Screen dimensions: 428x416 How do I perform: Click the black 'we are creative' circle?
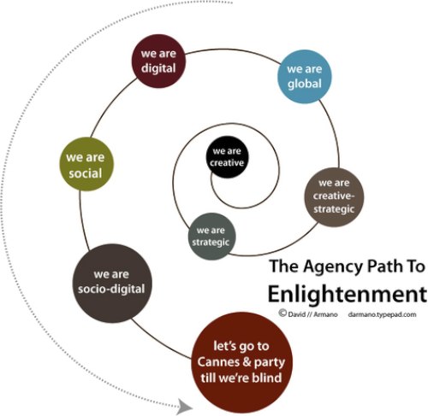pyautogui.click(x=227, y=157)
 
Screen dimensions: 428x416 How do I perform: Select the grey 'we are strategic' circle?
pyautogui.click(x=212, y=237)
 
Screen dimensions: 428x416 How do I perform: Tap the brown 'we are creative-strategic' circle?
pyautogui.click(x=334, y=197)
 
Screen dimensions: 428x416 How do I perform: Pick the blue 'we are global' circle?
pyautogui.click(x=305, y=77)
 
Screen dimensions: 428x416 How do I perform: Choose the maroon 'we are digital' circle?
pyautogui.click(x=158, y=61)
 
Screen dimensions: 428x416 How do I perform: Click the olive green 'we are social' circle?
pyautogui.click(x=86, y=164)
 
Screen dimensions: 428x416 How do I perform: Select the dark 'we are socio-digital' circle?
pyautogui.click(x=112, y=283)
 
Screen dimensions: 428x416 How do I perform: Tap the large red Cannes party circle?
pyautogui.click(x=242, y=362)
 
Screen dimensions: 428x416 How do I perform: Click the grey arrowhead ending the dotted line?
pyautogui.click(x=184, y=407)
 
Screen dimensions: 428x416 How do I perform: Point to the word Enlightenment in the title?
pyautogui.click(x=348, y=294)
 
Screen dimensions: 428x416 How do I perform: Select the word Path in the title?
pyautogui.click(x=383, y=267)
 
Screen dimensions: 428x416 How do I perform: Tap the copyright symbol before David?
pyautogui.click(x=282, y=313)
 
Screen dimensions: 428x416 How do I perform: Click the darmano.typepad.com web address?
pyautogui.click(x=382, y=314)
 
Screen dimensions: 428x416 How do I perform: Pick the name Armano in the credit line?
pyautogui.click(x=325, y=314)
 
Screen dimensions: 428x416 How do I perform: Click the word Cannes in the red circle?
pyautogui.click(x=215, y=362)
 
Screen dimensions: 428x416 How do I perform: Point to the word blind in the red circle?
pyautogui.click(x=267, y=378)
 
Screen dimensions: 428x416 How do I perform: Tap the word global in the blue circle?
pyautogui.click(x=305, y=84)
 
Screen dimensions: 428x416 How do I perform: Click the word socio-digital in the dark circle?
pyautogui.click(x=111, y=290)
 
